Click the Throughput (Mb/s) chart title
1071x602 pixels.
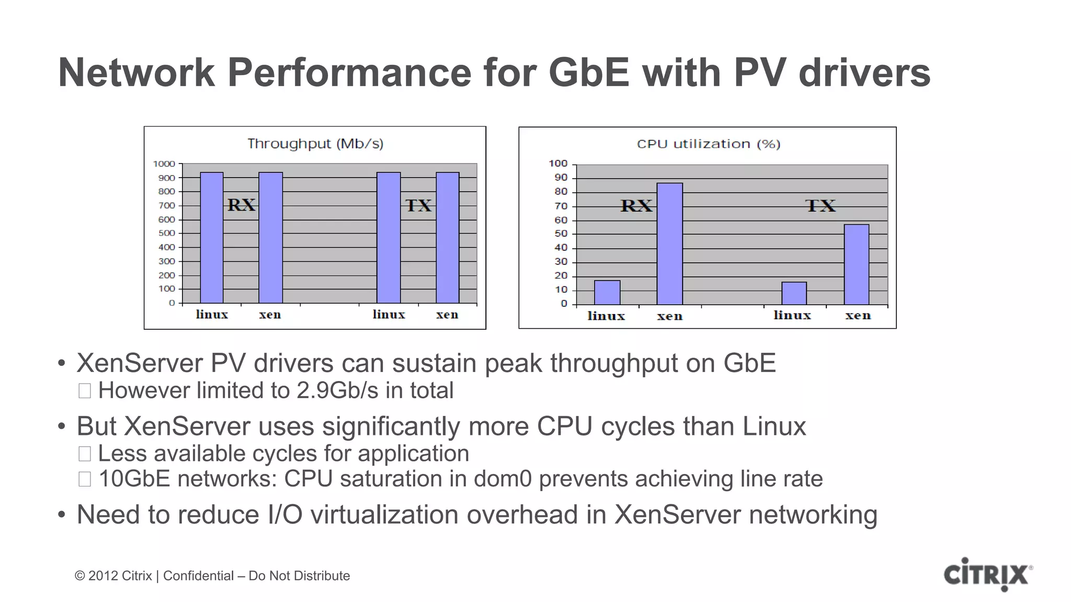point(315,144)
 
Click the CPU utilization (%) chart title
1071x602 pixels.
point(708,144)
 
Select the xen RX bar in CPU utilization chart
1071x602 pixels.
point(669,244)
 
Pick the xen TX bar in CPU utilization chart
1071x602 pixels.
point(856,264)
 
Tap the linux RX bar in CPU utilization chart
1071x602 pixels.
point(607,293)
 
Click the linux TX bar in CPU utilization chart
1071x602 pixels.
point(794,293)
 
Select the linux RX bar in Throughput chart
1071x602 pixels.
point(212,238)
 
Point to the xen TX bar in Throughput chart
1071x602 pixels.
point(448,238)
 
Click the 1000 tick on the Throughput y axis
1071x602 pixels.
point(164,164)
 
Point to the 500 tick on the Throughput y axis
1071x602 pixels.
point(166,234)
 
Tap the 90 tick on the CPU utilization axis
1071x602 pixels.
point(561,178)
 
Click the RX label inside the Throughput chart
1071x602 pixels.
point(241,205)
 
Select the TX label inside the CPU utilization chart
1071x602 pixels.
point(820,206)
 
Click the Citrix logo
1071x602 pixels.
point(987,575)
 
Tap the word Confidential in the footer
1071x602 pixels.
point(198,576)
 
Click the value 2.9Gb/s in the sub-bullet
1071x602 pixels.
point(337,391)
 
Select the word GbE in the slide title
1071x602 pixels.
point(589,72)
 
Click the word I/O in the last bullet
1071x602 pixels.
point(285,515)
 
